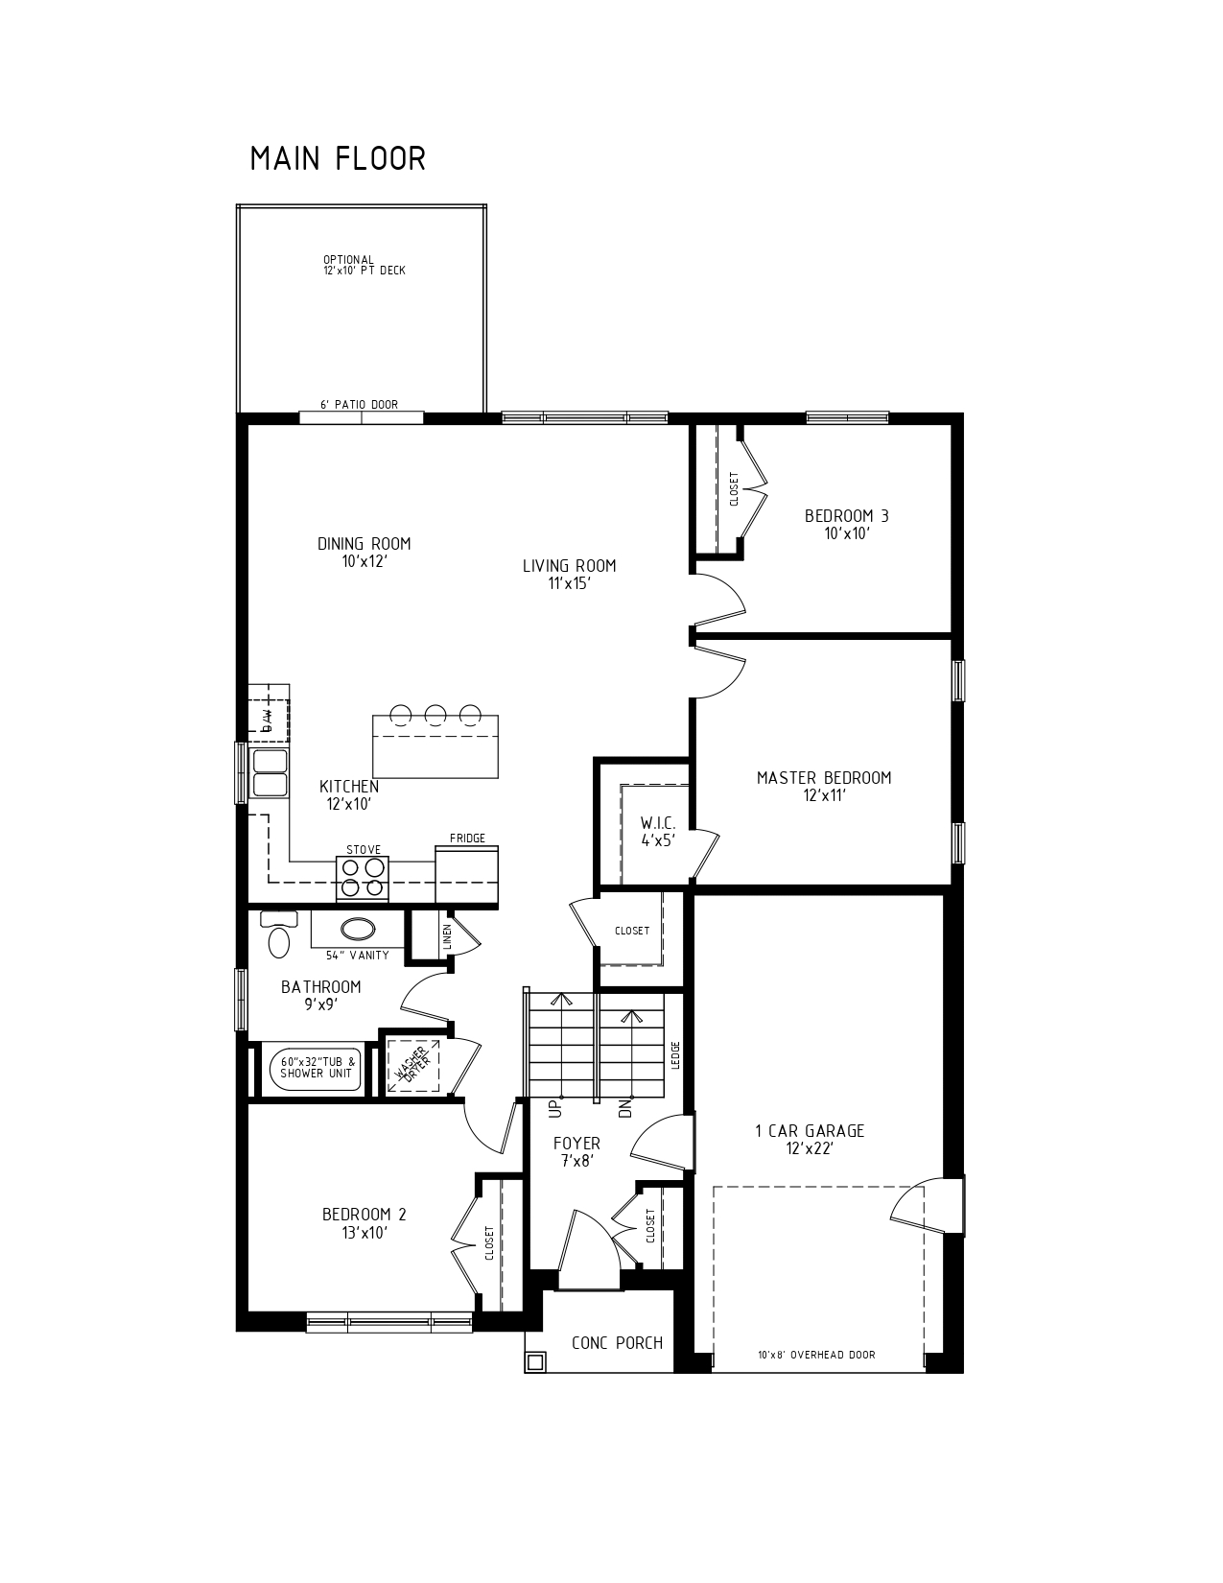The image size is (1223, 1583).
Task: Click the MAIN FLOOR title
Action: pos(338,159)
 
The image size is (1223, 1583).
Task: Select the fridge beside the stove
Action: pos(467,874)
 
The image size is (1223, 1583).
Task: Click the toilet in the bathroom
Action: pos(279,933)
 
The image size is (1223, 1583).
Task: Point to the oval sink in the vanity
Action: pos(358,929)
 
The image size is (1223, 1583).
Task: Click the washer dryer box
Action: pos(413,1066)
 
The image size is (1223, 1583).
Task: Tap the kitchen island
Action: pos(435,746)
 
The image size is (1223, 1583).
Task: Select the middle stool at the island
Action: pos(435,714)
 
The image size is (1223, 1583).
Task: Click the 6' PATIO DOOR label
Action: pos(359,404)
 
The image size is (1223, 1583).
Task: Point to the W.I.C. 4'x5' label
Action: pos(658,831)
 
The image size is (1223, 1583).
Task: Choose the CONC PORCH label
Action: pos(617,1342)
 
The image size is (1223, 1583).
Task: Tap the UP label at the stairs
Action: pos(556,1109)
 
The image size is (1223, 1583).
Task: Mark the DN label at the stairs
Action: pos(625,1109)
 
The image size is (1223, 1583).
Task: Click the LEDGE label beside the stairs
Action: pos(675,1055)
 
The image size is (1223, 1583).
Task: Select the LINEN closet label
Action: pos(447,936)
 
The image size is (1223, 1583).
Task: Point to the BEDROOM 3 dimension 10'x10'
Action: pos(847,533)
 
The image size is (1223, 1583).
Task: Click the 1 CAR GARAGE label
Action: pos(810,1131)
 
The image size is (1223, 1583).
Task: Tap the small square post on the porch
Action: pos(536,1360)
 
